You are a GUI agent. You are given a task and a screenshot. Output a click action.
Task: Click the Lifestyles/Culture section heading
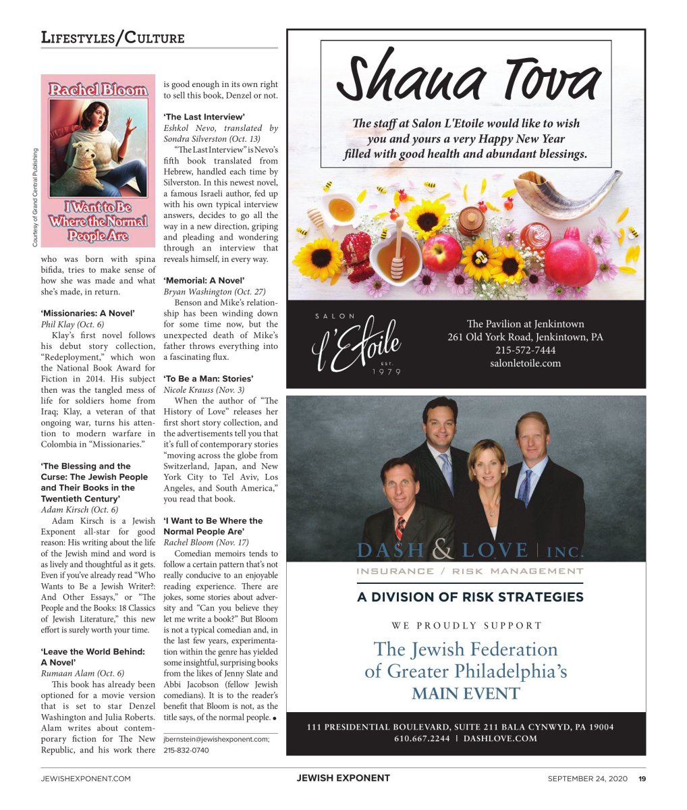point(112,38)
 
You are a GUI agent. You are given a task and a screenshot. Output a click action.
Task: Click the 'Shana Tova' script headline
point(466,80)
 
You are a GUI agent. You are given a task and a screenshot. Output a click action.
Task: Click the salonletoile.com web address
point(525,363)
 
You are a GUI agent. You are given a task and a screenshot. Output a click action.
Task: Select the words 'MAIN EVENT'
point(466,694)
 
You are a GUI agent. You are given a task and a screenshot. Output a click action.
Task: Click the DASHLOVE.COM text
point(500,738)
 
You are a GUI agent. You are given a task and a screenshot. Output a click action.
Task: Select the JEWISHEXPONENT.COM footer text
point(86,778)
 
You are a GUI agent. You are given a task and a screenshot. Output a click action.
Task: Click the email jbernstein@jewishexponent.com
point(217,739)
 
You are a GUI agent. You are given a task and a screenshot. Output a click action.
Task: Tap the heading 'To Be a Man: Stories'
point(209,379)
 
